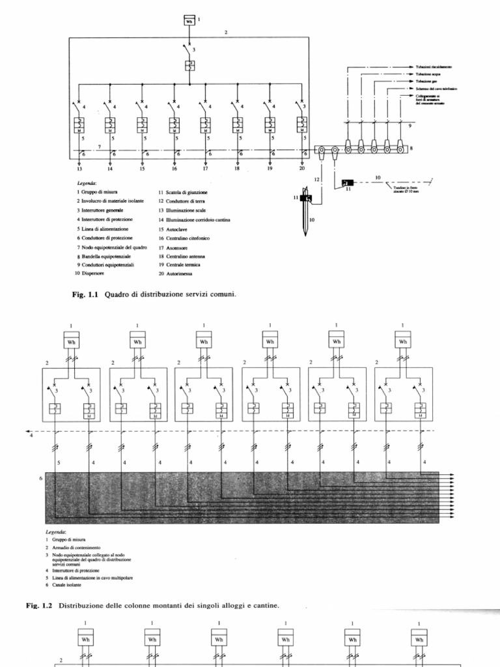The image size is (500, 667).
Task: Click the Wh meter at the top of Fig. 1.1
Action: (x=189, y=20)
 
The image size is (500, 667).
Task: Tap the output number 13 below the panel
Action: (x=79, y=168)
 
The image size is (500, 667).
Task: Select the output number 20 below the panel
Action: (x=302, y=168)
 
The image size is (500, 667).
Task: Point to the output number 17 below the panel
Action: (x=205, y=168)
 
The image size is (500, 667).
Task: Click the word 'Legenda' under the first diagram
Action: (x=87, y=184)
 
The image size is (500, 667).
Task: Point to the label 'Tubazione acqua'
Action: (x=429, y=74)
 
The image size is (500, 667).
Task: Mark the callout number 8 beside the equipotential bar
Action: (x=411, y=149)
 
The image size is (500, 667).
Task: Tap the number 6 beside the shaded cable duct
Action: (x=40, y=479)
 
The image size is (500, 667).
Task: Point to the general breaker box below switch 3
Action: (x=189, y=66)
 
